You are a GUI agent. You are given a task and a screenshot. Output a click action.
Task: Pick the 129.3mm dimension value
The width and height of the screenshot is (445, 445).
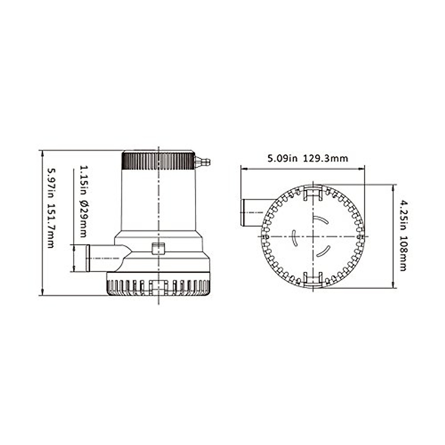coord(325,158)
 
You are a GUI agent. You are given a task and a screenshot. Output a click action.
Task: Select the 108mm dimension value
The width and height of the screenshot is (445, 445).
coord(404,253)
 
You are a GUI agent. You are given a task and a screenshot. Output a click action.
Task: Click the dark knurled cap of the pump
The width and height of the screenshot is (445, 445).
coord(158,161)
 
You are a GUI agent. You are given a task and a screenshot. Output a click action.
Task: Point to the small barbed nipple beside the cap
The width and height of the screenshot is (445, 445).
coord(202,162)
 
